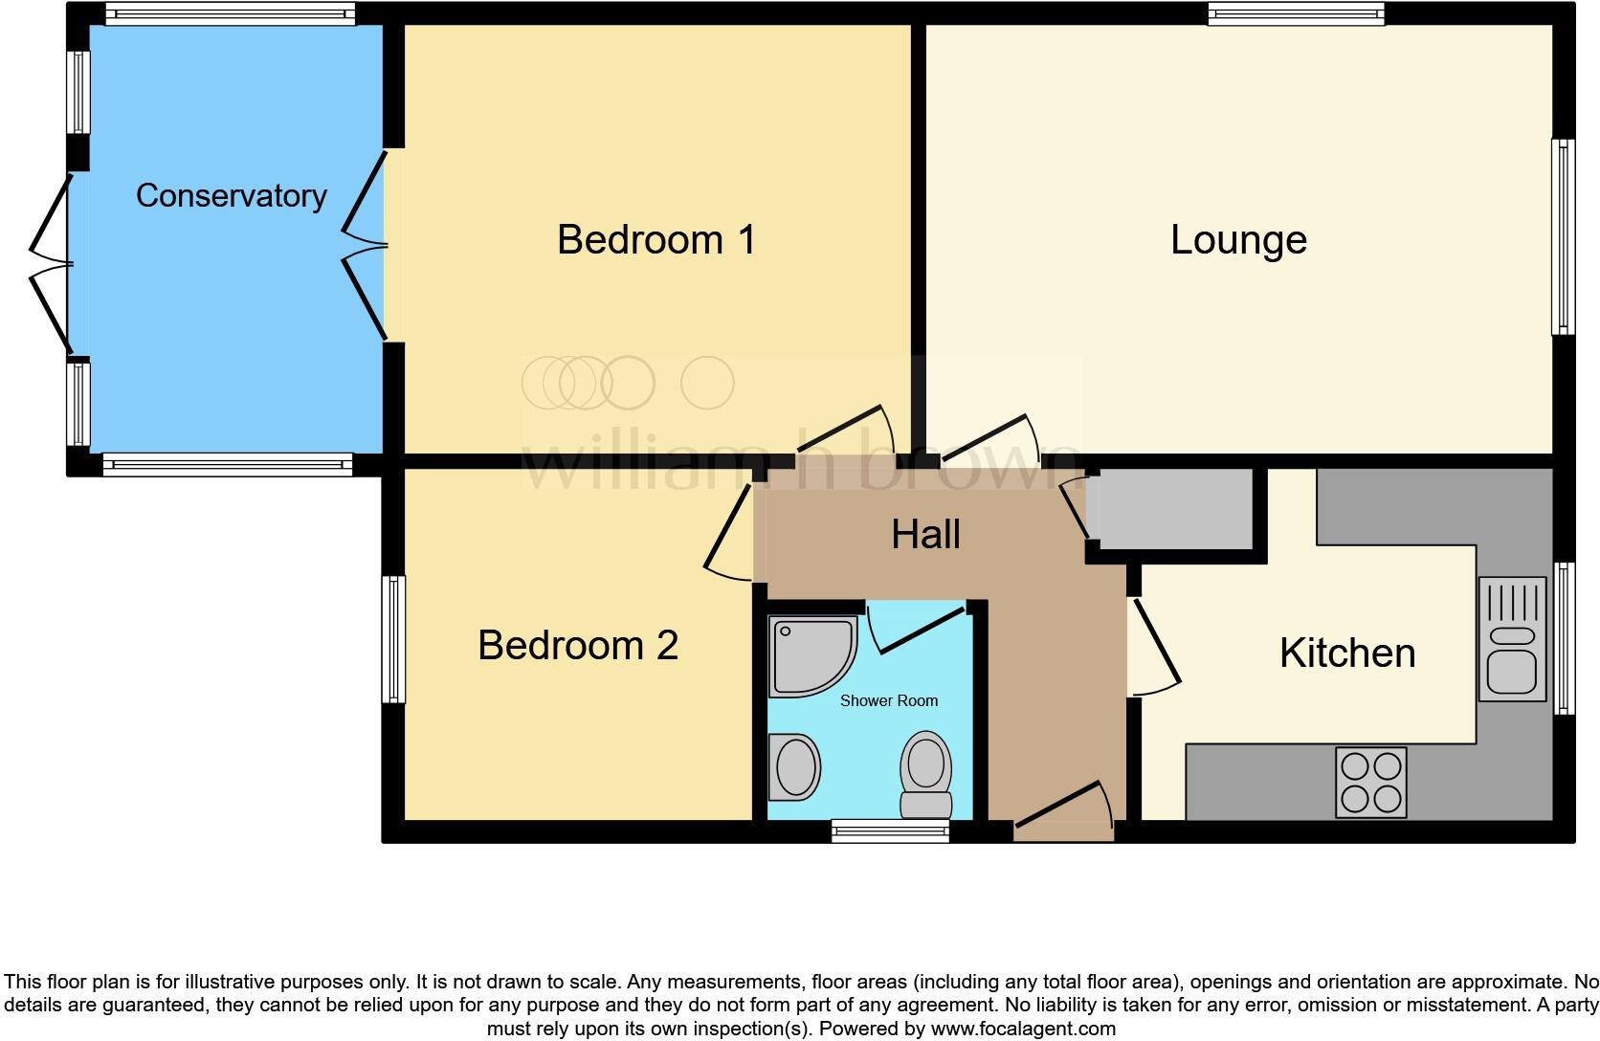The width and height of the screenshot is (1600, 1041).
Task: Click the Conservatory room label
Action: click(x=231, y=195)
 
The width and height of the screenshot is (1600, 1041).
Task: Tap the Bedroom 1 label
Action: click(x=656, y=239)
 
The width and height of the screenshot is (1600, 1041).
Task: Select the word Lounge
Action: click(x=1238, y=239)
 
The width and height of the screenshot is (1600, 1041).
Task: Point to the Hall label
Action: click(x=925, y=534)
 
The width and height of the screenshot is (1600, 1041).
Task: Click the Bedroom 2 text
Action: click(x=578, y=645)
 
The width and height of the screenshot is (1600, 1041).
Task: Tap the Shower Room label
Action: click(x=888, y=700)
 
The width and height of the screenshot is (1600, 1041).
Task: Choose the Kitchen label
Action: click(x=1346, y=653)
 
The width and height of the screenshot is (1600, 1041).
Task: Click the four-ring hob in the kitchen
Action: click(x=1371, y=782)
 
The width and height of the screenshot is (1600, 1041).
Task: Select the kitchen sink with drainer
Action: click(x=1512, y=638)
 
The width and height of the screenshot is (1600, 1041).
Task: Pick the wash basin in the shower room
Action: click(x=795, y=766)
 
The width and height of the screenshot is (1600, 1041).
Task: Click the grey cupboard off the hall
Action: click(x=1174, y=509)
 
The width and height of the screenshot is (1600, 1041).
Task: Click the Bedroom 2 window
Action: click(x=393, y=638)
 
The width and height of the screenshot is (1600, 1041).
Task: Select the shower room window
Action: click(x=890, y=831)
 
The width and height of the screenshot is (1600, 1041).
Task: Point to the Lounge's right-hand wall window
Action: click(x=1563, y=236)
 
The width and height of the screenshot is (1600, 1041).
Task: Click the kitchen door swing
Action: click(x=1154, y=647)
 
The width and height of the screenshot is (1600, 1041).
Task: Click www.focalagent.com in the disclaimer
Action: click(x=1022, y=1030)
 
